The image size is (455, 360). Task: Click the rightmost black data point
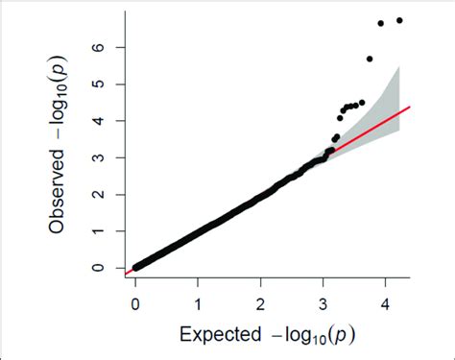click(399, 20)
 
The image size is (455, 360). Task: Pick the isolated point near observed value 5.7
click(370, 59)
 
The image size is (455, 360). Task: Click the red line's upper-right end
click(410, 107)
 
